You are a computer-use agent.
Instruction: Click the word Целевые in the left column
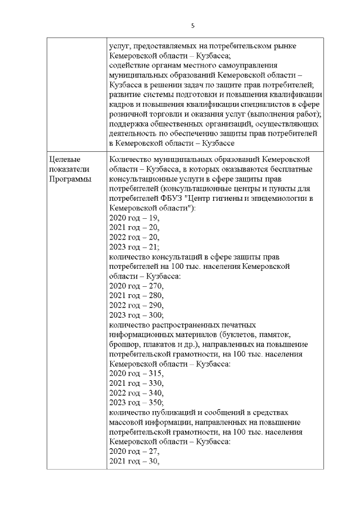tap(63, 159)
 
